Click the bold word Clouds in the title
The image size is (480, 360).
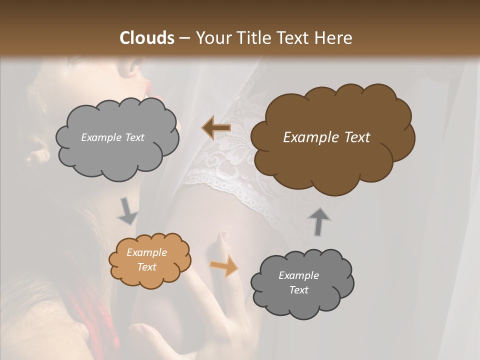[147, 38]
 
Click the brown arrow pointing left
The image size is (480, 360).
[216, 128]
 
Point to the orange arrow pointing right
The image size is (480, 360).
[224, 265]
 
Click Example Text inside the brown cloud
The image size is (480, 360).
[326, 137]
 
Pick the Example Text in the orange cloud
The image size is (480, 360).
[146, 259]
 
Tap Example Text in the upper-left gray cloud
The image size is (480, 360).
[112, 137]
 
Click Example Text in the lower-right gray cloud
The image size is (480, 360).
[298, 282]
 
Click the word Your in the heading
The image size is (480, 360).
[212, 38]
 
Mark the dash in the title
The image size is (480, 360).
[184, 38]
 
